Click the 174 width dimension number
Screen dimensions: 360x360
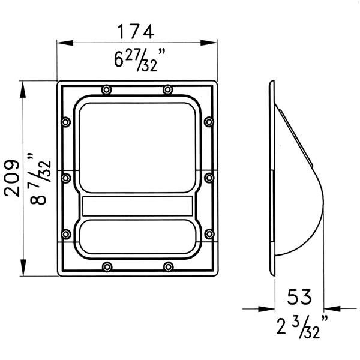[x=136, y=32]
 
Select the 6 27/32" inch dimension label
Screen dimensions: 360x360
[x=139, y=60]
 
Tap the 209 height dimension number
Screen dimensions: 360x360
[x=12, y=178]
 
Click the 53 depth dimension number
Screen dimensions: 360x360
[x=299, y=297]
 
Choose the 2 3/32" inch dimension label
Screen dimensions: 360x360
[x=302, y=327]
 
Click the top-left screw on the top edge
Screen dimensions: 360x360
[x=107, y=89]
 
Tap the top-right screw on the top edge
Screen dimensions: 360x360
[x=168, y=89]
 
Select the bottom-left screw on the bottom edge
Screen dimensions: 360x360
[x=107, y=267]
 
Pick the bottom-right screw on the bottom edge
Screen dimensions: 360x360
[x=168, y=267]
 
